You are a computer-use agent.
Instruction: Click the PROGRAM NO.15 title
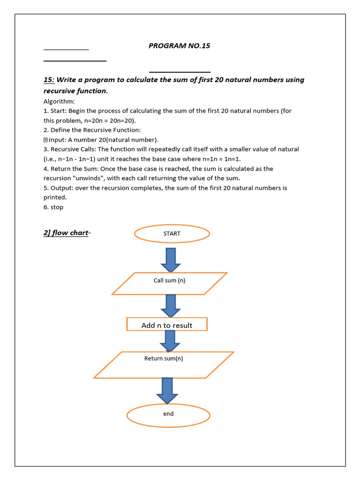coord(179,46)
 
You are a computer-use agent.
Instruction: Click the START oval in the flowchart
coord(172,233)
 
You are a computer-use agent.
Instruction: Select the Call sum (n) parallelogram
coord(169,283)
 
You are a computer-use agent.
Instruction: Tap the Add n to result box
coord(167,325)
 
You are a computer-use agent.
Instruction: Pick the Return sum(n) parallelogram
coord(164,365)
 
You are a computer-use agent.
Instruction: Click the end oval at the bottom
coord(168,414)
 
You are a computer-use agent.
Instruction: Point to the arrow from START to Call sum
coord(171,259)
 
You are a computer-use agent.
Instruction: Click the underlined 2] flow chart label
coord(66,233)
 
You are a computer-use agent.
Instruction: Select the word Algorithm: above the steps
coord(59,101)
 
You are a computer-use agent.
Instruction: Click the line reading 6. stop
coord(53,207)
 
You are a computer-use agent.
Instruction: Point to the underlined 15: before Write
coord(49,80)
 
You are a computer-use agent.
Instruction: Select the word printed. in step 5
coord(55,197)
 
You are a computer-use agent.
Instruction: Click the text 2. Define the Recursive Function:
coord(92,130)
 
